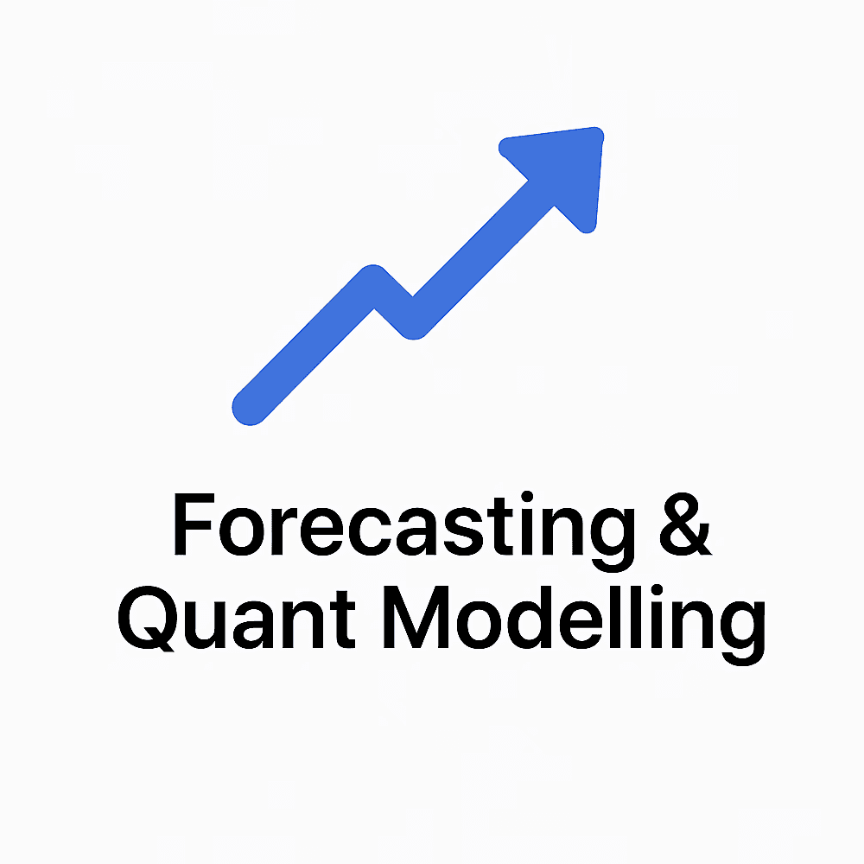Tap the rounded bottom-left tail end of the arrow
click(249, 409)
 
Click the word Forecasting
click(404, 530)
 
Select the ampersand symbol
click(685, 524)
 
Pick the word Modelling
click(575, 625)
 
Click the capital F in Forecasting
click(194, 524)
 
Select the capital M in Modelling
click(416, 617)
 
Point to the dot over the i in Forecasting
click(527, 497)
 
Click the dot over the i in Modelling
click(657, 590)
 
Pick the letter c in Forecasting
click(370, 531)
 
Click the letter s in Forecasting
click(463, 531)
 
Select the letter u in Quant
click(205, 626)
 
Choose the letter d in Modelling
click(530, 617)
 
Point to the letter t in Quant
click(343, 619)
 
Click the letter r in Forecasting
click(284, 530)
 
